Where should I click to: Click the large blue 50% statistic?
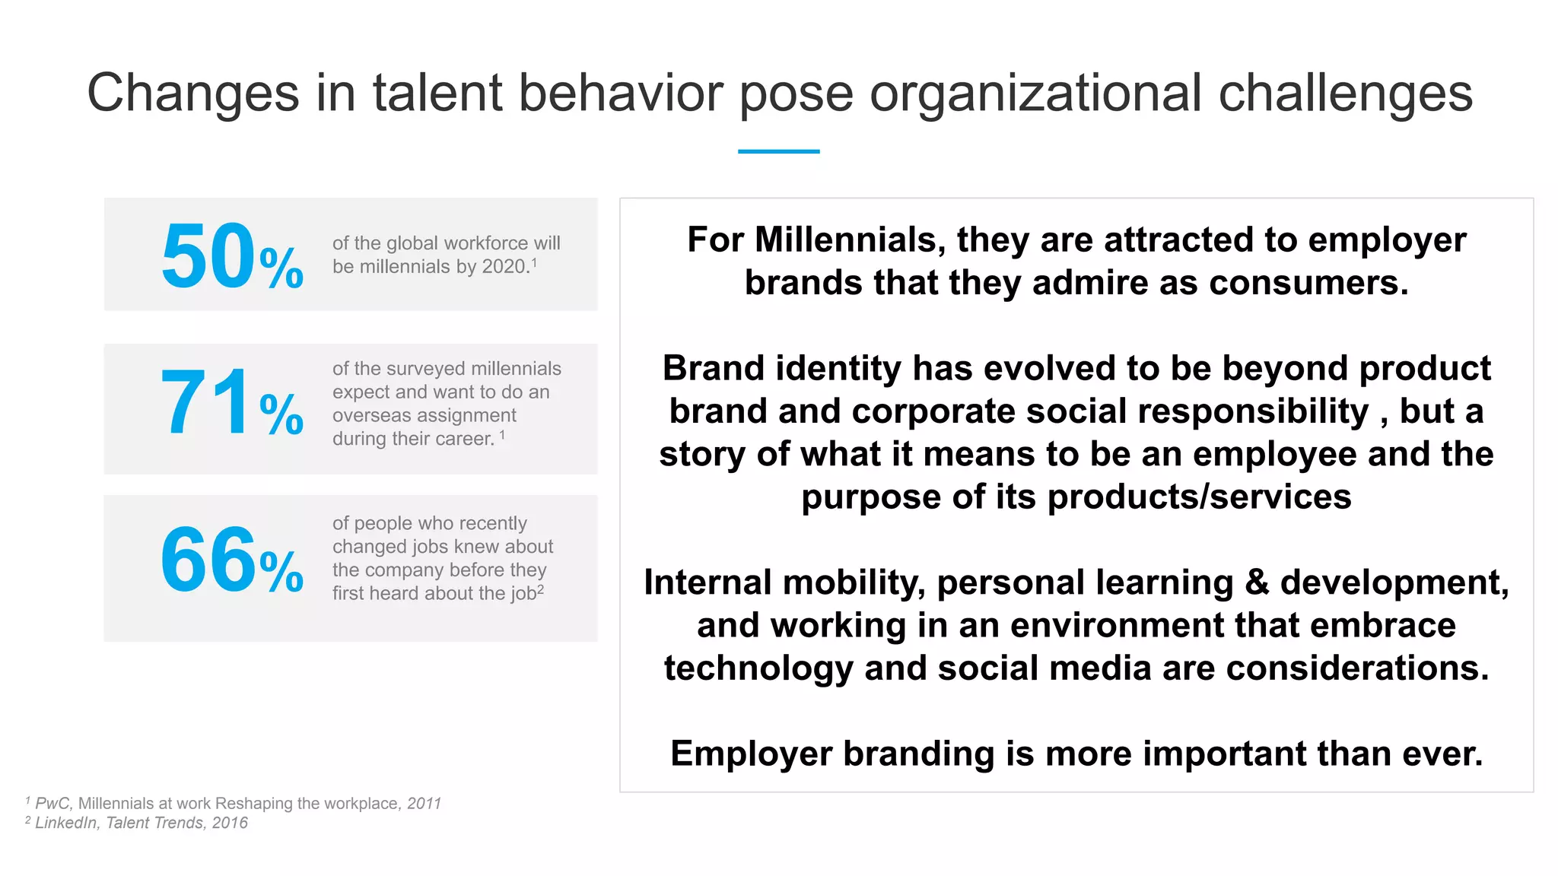(x=232, y=256)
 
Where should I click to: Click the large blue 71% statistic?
(x=232, y=403)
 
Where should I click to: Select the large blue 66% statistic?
(x=232, y=560)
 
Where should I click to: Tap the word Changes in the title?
(x=193, y=94)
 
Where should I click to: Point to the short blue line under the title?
(x=778, y=151)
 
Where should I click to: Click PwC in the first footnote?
(x=52, y=804)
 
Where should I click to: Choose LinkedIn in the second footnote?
(x=66, y=823)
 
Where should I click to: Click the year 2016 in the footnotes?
(x=230, y=823)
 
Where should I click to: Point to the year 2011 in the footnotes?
(x=424, y=804)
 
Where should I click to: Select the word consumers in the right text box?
(x=1308, y=283)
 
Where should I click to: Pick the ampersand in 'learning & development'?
(x=1257, y=582)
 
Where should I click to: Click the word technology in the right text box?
(x=758, y=668)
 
